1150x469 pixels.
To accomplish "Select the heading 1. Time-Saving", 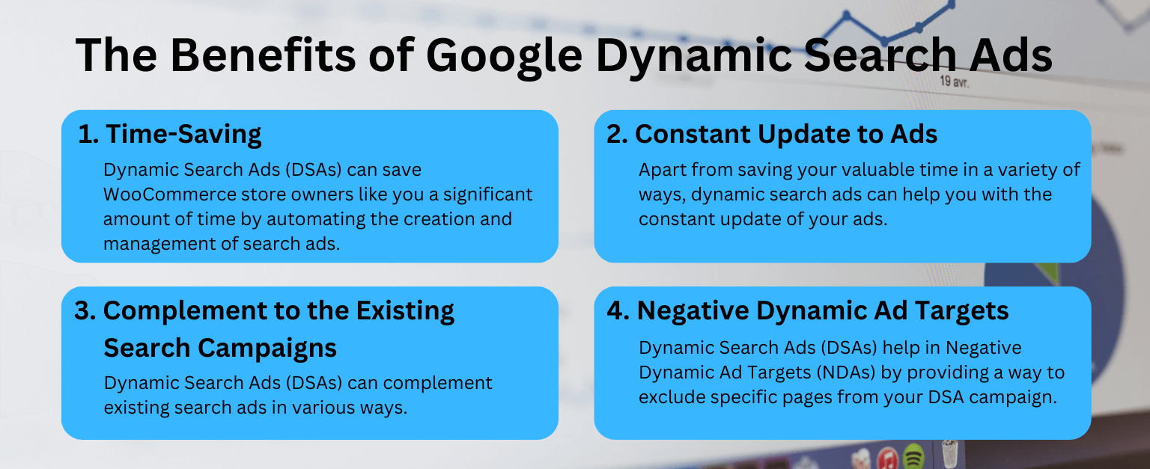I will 170,134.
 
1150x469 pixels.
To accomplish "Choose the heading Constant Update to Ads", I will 785,134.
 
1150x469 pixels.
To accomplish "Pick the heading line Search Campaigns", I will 219,347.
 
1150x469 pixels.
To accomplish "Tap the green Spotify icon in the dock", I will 912,457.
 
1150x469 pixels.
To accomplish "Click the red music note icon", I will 887,457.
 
